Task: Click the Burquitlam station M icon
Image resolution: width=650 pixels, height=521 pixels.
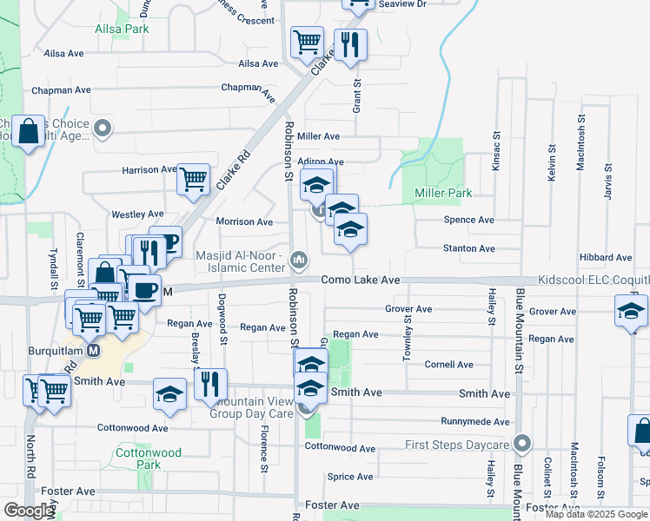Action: [x=94, y=351]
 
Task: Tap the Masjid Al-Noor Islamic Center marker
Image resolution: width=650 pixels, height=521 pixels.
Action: [x=300, y=259]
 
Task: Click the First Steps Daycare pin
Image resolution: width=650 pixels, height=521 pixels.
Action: [x=521, y=444]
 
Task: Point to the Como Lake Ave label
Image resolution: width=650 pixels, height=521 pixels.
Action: [x=360, y=280]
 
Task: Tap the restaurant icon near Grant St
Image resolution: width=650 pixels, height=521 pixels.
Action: [x=349, y=43]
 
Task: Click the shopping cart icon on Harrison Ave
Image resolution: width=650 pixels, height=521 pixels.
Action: [x=193, y=180]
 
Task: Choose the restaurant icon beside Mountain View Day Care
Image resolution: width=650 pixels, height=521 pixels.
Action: [x=209, y=383]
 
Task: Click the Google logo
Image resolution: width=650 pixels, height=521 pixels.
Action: [x=29, y=511]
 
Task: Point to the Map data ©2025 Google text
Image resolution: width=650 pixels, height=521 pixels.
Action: [x=596, y=514]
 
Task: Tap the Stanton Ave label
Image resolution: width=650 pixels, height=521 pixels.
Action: [x=469, y=248]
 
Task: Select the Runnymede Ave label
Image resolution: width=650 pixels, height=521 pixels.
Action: [x=475, y=421]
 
